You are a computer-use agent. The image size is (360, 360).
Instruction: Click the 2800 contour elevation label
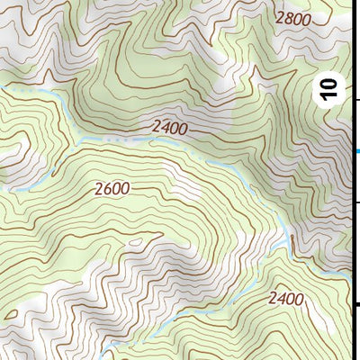293,18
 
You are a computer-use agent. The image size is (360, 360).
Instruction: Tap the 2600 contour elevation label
111,189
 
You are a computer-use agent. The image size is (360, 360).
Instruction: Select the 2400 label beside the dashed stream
169,128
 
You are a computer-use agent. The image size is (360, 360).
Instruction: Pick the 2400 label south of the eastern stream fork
286,298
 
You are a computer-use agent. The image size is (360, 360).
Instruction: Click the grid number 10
330,89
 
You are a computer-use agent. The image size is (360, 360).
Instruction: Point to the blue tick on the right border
356,151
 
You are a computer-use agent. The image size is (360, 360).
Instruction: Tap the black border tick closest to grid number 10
357,100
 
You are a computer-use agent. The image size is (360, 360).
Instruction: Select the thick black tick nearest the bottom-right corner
357,306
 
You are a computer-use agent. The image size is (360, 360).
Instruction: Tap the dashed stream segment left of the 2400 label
117,141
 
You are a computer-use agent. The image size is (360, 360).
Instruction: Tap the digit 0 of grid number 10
330,83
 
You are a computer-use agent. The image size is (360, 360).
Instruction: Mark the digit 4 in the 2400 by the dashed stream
164,128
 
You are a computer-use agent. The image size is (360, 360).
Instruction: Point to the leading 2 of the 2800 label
280,17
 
